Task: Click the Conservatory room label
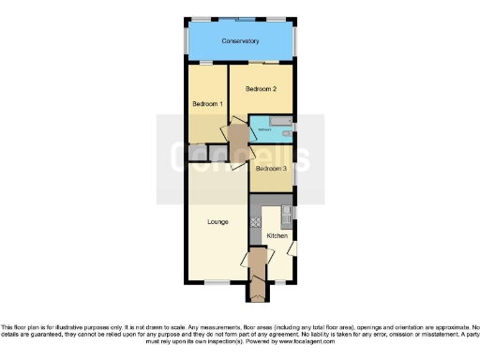click(x=240, y=42)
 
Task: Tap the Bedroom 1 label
click(x=206, y=103)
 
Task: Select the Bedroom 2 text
click(x=261, y=88)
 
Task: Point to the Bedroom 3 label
click(x=270, y=169)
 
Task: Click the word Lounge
click(x=218, y=222)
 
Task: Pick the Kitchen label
click(x=277, y=235)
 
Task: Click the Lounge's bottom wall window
click(x=217, y=283)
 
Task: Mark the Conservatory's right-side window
click(x=296, y=42)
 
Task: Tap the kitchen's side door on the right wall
click(x=292, y=248)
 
